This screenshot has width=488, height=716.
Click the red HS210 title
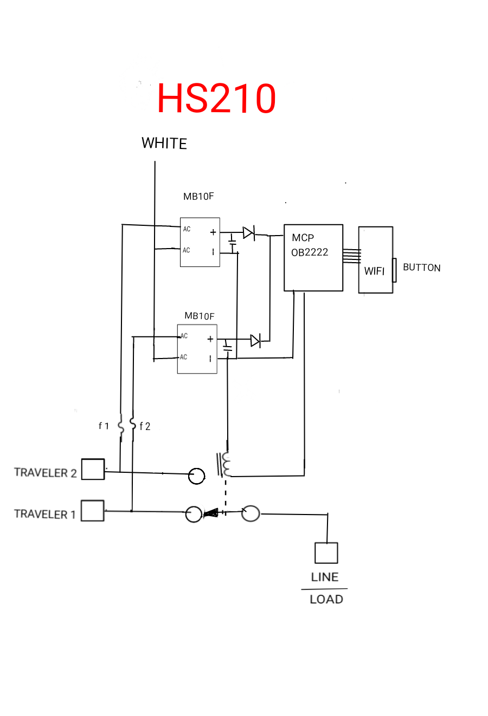216,98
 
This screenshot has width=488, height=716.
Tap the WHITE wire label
164,143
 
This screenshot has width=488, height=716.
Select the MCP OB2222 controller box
313,258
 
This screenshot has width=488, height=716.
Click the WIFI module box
375,260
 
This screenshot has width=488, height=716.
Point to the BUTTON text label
421,268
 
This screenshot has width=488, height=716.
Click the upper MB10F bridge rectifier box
200,242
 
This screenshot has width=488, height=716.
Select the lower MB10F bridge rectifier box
197,349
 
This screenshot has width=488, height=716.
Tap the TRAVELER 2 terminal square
93,469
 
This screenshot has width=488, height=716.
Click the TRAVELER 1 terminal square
93,511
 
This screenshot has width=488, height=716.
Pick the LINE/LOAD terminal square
326,552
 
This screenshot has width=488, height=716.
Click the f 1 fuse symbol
121,426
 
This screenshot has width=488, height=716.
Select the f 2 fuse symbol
132,424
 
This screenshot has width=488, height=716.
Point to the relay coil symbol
224,464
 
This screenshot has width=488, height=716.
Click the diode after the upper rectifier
249,233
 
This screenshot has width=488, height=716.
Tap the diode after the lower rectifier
255,341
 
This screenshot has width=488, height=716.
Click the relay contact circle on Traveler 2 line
196,476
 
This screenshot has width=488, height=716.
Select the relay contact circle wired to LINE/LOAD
251,513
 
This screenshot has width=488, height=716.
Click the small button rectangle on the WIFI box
394,270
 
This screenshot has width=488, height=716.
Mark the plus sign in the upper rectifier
213,232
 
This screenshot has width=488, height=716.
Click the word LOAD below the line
326,600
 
